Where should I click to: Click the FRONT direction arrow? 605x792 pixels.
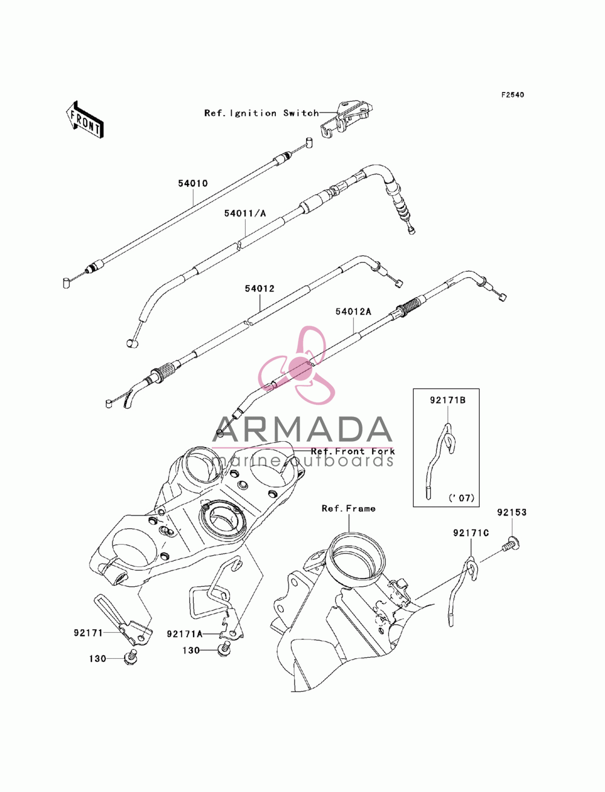point(85,119)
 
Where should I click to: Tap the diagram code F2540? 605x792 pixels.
point(512,95)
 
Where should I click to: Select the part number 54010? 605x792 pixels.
point(193,183)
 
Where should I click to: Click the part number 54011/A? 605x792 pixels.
point(245,213)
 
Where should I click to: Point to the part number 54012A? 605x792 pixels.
point(353,312)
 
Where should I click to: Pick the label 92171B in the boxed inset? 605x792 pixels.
point(447,400)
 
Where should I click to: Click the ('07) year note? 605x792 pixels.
point(462,498)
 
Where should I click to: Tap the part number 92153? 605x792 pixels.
point(512,512)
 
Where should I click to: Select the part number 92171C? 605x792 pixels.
point(471,532)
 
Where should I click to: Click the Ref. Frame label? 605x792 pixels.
point(348,508)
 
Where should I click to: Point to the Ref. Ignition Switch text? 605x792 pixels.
point(261,113)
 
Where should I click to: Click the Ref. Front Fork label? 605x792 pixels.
point(353,451)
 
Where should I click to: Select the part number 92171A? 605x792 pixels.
point(185,633)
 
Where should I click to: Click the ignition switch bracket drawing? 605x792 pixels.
point(346,120)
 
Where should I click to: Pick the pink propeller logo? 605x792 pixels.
point(297,365)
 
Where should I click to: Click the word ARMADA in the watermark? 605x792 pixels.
point(302,430)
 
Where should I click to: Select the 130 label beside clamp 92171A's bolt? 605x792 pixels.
point(191,650)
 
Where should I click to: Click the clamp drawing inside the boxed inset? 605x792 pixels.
point(439,461)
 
